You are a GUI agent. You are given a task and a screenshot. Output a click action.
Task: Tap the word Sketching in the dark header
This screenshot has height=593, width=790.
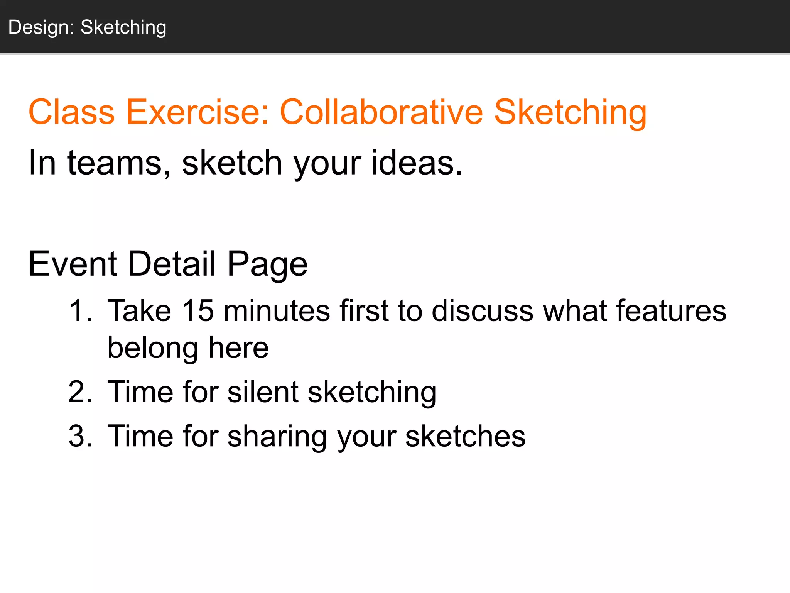tap(123, 28)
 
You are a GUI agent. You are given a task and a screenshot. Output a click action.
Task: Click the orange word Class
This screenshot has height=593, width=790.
tap(72, 112)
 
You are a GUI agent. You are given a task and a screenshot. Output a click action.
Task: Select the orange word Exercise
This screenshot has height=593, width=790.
tap(197, 112)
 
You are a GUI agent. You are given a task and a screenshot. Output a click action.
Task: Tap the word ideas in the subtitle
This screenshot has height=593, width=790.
tap(417, 163)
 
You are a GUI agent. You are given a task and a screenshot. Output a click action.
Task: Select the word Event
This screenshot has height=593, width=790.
tap(73, 264)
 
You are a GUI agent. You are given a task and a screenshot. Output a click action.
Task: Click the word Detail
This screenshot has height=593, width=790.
tap(172, 264)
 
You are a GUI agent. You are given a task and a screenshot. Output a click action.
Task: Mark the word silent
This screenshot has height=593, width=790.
tap(263, 392)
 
